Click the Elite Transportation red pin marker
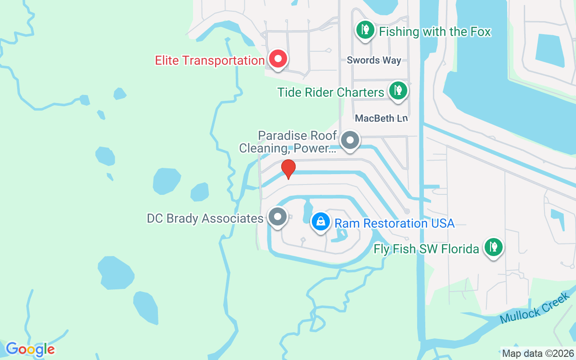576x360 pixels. (278, 59)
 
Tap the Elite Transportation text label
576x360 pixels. (209, 61)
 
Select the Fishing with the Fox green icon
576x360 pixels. (365, 30)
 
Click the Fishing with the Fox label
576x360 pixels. (435, 32)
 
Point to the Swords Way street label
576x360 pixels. (373, 60)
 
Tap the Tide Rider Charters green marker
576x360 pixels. (398, 90)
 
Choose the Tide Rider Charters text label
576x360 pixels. (330, 92)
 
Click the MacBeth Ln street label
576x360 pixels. (381, 118)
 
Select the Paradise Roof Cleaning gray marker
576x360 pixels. (350, 140)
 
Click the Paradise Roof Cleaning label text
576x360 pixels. (288, 142)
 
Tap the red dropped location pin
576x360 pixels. (288, 169)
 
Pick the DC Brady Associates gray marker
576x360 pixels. (278, 216)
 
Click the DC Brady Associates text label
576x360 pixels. (205, 219)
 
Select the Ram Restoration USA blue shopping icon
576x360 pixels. (320, 221)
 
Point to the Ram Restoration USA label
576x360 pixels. (394, 223)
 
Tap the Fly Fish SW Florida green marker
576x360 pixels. (494, 247)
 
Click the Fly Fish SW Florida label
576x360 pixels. (426, 249)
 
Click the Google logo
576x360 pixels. (30, 349)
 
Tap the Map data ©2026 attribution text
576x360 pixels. (538, 353)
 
